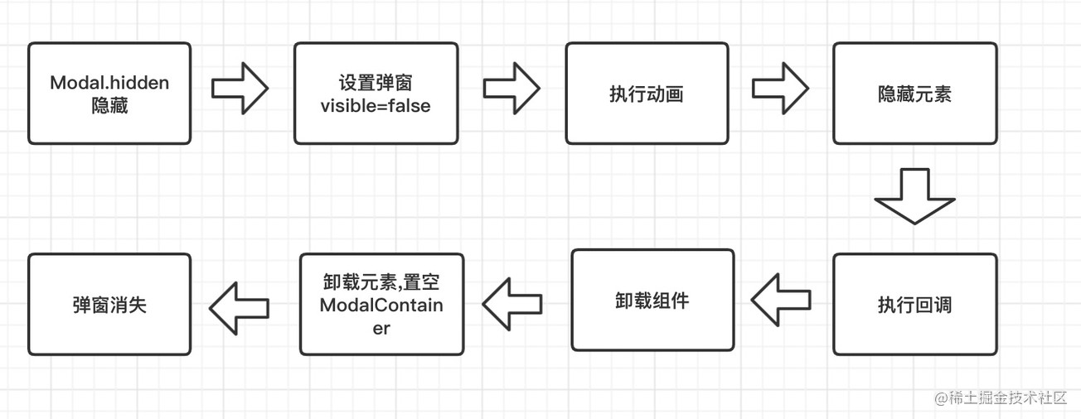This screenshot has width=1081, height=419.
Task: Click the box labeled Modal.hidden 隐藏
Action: pyautogui.click(x=109, y=94)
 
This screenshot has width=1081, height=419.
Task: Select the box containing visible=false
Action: pyautogui.click(x=376, y=94)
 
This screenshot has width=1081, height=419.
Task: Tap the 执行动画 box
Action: pyautogui.click(x=647, y=94)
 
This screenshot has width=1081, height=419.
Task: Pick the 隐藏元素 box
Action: pyautogui.click(x=914, y=94)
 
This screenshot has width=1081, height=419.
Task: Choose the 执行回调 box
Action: pyautogui.click(x=914, y=305)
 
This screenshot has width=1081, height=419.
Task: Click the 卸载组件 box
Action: pyautogui.click(x=652, y=300)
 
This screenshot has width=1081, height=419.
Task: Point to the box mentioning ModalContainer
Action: pyautogui.click(x=381, y=305)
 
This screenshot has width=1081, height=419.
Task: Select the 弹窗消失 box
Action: pyautogui.click(x=109, y=305)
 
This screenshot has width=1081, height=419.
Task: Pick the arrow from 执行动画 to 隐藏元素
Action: pyautogui.click(x=780, y=86)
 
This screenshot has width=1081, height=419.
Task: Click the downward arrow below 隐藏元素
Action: pyautogui.click(x=914, y=197)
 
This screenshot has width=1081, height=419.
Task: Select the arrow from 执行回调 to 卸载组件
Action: pyautogui.click(x=781, y=300)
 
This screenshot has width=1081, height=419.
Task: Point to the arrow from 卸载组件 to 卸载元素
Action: pyautogui.click(x=512, y=303)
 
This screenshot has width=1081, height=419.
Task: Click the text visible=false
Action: pyautogui.click(x=376, y=105)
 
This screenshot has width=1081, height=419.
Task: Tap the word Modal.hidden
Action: pyautogui.click(x=109, y=83)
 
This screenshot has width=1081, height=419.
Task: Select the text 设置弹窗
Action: pyautogui.click(x=376, y=83)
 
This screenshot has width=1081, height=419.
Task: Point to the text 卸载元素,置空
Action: pyautogui.click(x=381, y=283)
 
